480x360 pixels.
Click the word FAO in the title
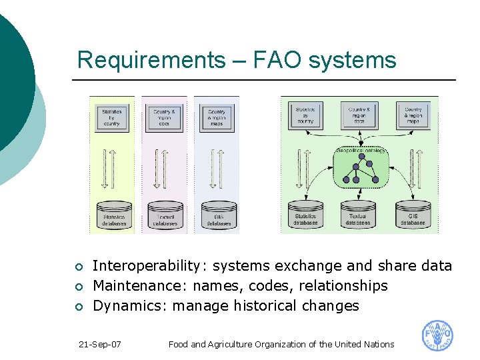(x=274, y=61)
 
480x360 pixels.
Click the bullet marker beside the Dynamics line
(x=79, y=307)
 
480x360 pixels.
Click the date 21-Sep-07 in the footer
(x=99, y=345)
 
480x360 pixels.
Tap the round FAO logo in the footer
(x=437, y=336)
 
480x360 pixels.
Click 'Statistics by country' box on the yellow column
(x=112, y=117)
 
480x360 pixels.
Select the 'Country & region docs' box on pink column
(x=164, y=117)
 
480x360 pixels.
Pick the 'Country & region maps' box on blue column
(x=216, y=117)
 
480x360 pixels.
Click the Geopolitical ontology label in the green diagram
(x=361, y=151)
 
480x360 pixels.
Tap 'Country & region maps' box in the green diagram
(x=413, y=116)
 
